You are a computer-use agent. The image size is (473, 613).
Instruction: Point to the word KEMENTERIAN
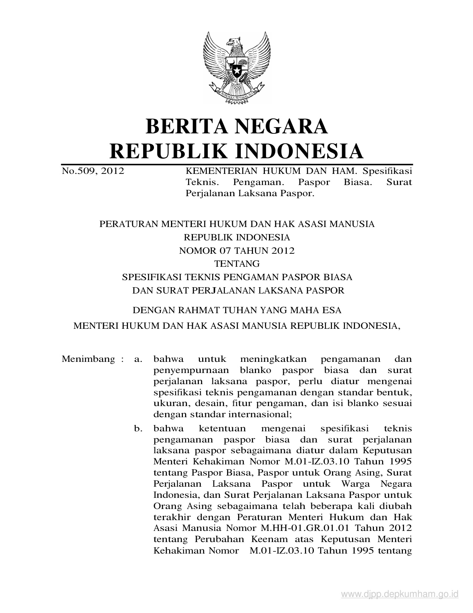point(216,171)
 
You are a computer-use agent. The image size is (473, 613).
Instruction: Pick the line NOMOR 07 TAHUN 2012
point(237,251)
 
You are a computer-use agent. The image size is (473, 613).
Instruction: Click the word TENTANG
point(237,264)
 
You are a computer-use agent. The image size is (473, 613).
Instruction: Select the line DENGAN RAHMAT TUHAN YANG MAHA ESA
point(237,310)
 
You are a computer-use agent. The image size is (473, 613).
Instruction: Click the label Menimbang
point(88,359)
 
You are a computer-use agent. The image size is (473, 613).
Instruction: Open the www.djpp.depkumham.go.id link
point(400,594)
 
